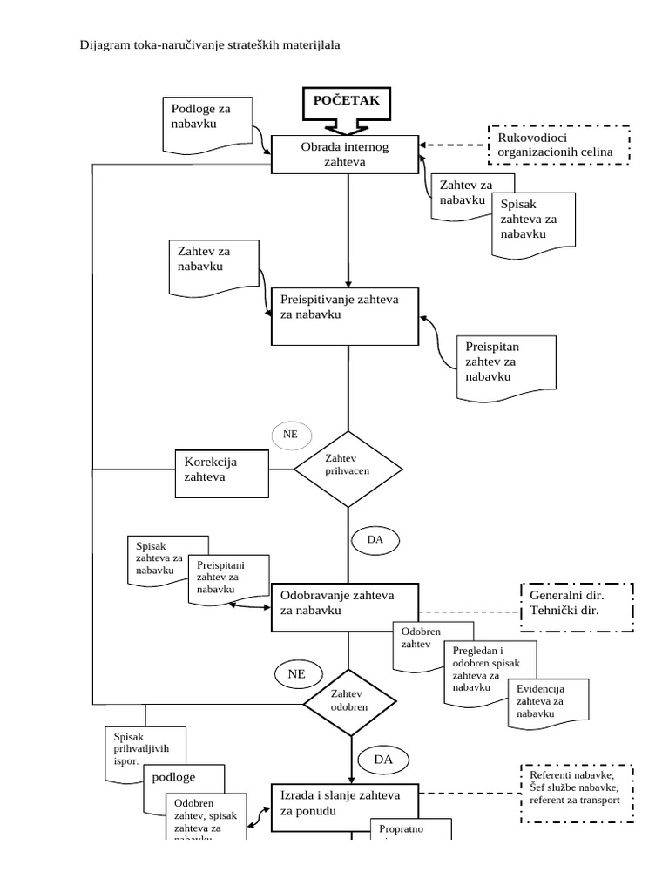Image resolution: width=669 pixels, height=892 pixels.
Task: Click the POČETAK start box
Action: pyautogui.click(x=347, y=101)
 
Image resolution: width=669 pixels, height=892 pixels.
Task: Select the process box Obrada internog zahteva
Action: pyautogui.click(x=345, y=154)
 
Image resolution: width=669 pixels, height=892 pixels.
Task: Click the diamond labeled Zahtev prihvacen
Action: pyautogui.click(x=348, y=469)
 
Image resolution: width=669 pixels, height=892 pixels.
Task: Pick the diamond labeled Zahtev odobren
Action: pyautogui.click(x=348, y=701)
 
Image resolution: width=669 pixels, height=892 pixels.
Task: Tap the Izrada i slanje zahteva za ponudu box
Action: pyautogui.click(x=346, y=803)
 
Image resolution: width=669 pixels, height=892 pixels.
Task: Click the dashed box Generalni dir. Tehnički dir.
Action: pyautogui.click(x=576, y=604)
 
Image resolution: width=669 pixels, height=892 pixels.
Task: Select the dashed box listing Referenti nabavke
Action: pyautogui.click(x=576, y=793)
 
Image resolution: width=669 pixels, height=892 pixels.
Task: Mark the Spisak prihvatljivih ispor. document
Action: pyautogui.click(x=143, y=747)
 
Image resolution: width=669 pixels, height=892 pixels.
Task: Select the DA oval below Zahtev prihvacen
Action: pyautogui.click(x=375, y=540)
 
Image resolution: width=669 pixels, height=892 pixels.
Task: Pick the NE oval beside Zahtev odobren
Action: pyautogui.click(x=297, y=673)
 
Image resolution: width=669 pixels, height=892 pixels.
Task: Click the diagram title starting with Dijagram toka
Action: pyautogui.click(x=210, y=44)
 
